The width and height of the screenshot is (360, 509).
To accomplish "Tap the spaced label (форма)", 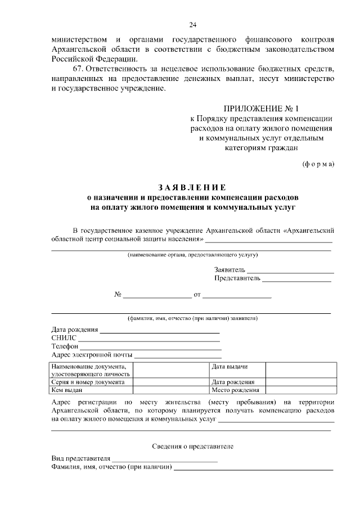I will pos(318,164).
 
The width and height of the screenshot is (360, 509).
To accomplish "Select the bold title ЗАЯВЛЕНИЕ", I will pos(191,188).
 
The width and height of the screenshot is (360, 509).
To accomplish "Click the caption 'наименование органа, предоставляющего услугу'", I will pos(192,255).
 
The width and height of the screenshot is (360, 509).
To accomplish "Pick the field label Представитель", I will pos(237,278).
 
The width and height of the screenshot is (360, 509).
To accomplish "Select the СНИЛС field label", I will pos(63,338).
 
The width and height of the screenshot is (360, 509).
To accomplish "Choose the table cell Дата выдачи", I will pos(229,367).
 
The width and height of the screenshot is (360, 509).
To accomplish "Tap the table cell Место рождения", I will pos(235,390).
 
